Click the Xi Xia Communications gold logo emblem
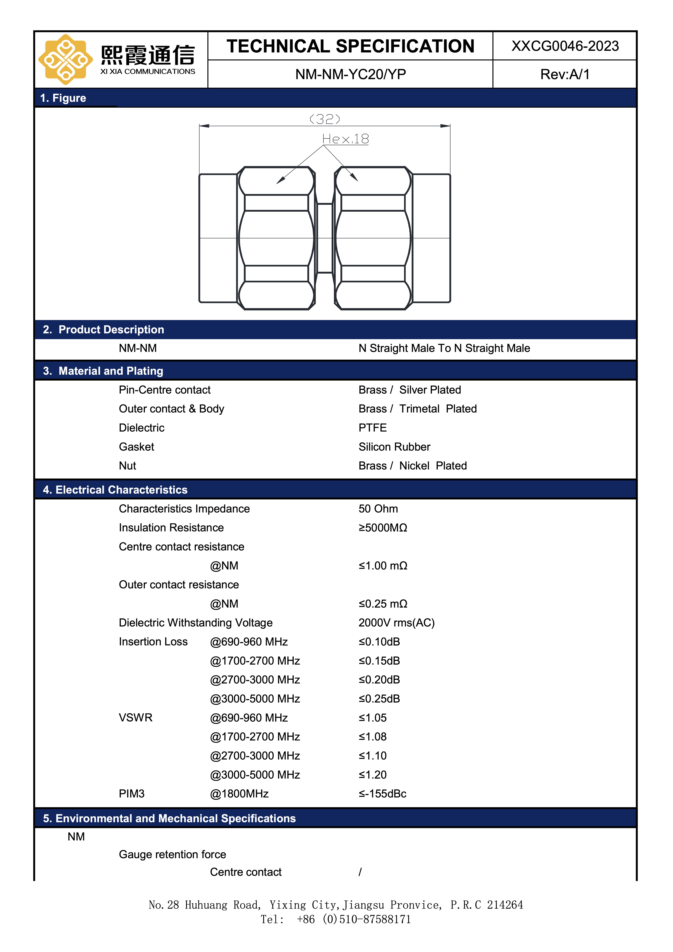coord(65,59)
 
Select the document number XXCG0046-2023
coord(565,46)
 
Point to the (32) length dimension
coord(325,119)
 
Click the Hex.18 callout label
coord(345,139)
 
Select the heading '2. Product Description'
coord(104,330)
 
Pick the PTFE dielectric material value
coord(372,428)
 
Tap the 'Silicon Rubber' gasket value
coord(394,447)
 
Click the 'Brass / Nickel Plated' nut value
coord(412,466)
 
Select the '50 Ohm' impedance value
coord(378,509)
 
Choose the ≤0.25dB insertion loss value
coord(379,699)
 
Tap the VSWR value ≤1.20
coord(372,775)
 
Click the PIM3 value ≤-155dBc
coord(382,794)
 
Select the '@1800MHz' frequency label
coord(239,794)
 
